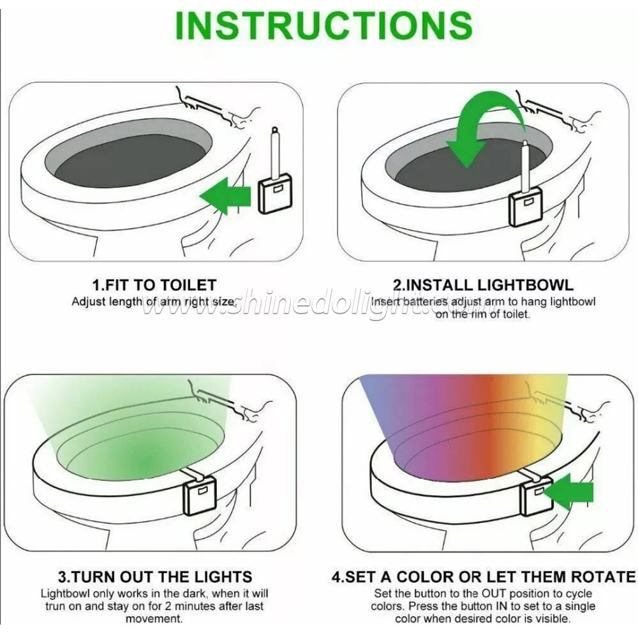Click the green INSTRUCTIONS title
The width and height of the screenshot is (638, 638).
coord(323,26)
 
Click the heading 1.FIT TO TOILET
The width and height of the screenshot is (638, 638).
coord(154,285)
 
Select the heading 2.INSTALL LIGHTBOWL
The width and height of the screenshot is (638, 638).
coord(483,285)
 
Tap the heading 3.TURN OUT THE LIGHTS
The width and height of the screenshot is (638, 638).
coord(155,577)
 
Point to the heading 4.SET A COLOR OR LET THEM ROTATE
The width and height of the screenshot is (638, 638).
coord(484,577)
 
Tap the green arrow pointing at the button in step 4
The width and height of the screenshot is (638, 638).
coord(568,491)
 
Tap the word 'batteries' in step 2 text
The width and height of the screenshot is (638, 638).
coord(425,302)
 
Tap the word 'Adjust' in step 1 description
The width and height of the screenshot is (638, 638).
coord(87,302)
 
